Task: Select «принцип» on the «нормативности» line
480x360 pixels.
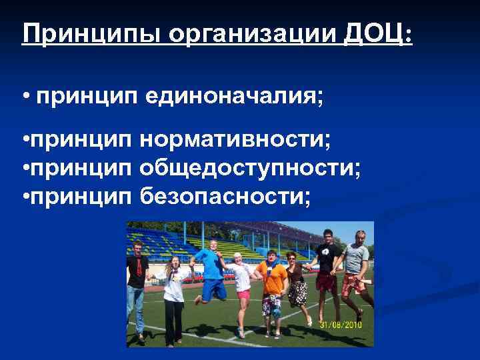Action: (82, 141)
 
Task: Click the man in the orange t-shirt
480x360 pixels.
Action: (271, 280)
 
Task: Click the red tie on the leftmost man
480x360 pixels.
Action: (137, 267)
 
